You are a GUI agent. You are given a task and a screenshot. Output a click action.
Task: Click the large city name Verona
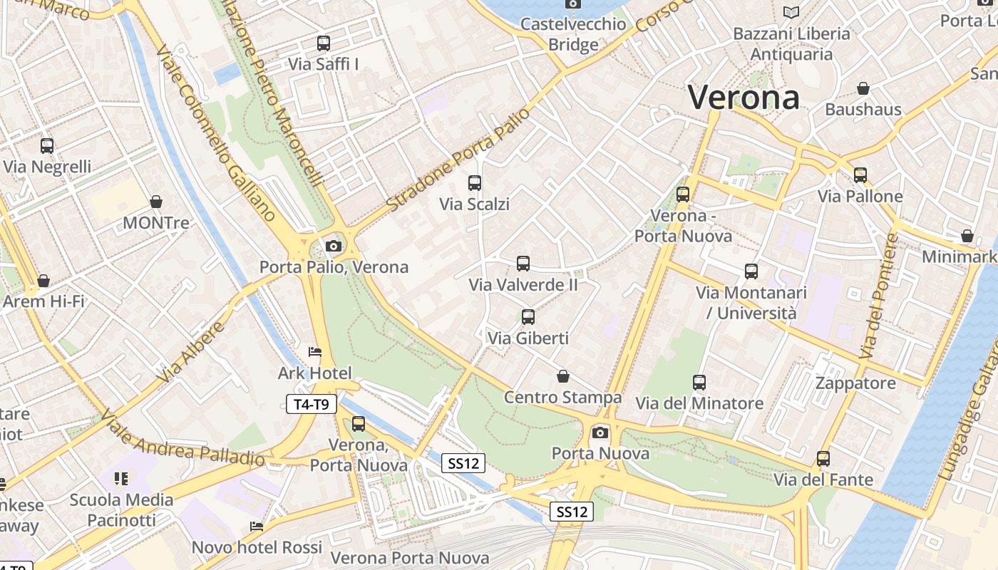point(744,97)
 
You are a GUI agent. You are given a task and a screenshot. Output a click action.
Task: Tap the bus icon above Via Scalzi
point(475,183)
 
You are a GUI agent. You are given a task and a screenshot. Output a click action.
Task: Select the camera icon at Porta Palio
point(333,247)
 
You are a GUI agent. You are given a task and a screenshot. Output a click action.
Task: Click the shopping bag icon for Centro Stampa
point(563,376)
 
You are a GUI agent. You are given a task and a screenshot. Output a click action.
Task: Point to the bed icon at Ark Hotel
point(315,351)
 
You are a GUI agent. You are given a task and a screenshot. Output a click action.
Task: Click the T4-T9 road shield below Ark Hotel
point(312,405)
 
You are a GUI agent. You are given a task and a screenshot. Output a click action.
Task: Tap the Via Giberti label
point(528,338)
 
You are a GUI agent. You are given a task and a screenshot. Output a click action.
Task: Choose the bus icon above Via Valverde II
point(523,264)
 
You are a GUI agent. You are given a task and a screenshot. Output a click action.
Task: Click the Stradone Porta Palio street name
point(459,160)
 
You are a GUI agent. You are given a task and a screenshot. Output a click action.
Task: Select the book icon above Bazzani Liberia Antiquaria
point(791,12)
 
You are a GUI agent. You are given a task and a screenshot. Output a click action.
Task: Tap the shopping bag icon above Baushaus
point(863,88)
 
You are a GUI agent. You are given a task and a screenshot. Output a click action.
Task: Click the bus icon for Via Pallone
point(860,175)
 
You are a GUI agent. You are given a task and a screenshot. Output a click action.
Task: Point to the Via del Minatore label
point(699,403)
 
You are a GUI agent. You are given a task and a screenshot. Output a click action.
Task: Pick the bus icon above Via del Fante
point(823,459)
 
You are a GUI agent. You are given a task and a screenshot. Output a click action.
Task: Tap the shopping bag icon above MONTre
point(156,202)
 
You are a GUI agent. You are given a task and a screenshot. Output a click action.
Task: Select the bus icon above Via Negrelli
point(47,146)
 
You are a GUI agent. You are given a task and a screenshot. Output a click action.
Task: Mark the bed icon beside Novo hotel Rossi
point(257,527)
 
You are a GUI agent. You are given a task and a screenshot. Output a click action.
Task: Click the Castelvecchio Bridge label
point(573,34)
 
